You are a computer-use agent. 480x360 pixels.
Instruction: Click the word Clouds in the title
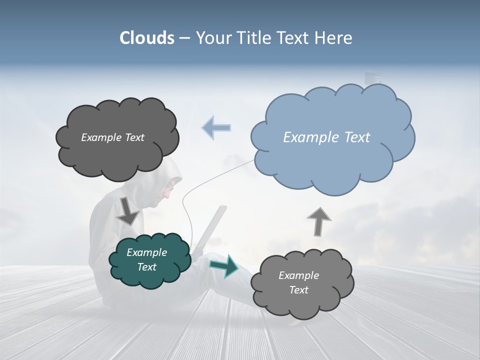(x=146, y=38)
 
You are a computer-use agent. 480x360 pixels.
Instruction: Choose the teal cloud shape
(x=149, y=277)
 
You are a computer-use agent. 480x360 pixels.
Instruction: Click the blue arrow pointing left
(x=216, y=127)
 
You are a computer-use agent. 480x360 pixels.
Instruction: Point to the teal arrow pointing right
(x=224, y=265)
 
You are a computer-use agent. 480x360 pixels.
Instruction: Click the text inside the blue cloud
(x=326, y=137)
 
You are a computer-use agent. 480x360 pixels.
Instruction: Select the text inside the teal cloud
(x=147, y=259)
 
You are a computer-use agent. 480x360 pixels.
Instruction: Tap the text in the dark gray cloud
(x=112, y=137)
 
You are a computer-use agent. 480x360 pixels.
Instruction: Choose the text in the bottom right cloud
(x=298, y=282)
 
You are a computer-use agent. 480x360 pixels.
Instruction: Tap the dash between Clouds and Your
(x=184, y=38)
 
